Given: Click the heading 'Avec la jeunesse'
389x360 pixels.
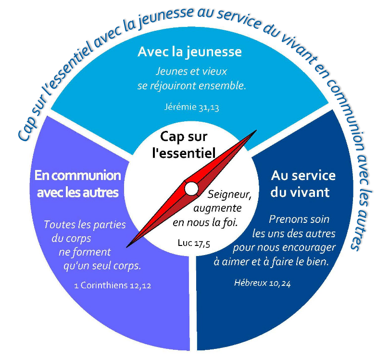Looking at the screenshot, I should pyautogui.click(x=189, y=51).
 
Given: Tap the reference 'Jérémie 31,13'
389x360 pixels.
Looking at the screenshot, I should pyautogui.click(x=190, y=107).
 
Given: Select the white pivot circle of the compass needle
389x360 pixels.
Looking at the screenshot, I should pyautogui.click(x=191, y=189).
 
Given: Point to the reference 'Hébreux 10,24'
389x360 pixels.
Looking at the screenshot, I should pyautogui.click(x=262, y=283).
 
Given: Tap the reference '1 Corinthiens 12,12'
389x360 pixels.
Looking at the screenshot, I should pyautogui.click(x=113, y=285).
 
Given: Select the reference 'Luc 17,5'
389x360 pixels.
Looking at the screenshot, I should pyautogui.click(x=194, y=244).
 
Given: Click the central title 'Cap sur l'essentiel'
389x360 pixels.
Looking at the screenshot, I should pyautogui.click(x=188, y=144).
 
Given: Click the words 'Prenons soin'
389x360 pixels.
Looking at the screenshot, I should pyautogui.click(x=299, y=219).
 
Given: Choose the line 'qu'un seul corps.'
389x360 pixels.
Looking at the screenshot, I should pyautogui.click(x=105, y=266).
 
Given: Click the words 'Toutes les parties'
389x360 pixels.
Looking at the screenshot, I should pyautogui.click(x=84, y=224).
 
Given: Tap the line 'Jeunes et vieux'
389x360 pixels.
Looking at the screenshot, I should pyautogui.click(x=191, y=71).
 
